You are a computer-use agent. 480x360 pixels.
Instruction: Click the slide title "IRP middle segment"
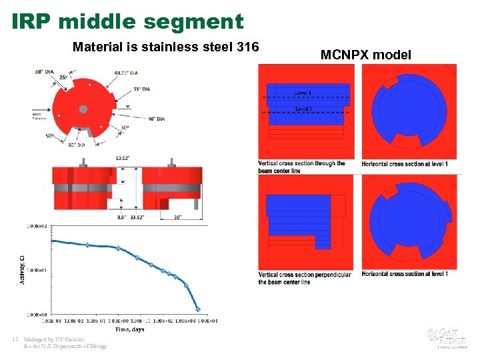tap(127, 21)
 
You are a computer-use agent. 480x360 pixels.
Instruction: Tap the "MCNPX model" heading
tap(366, 55)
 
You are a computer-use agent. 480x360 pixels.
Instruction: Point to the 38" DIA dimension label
tap(45, 71)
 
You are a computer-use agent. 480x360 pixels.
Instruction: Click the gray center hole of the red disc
tap(83, 109)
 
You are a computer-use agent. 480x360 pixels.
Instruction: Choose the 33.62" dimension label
tap(137, 215)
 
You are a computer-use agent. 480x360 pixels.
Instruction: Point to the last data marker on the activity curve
tap(198, 309)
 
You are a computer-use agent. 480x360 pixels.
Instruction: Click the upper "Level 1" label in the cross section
tap(303, 92)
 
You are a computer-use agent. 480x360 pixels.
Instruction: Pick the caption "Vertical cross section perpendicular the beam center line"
tap(305, 278)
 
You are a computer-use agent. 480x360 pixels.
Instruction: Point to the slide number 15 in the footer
tap(15, 339)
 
